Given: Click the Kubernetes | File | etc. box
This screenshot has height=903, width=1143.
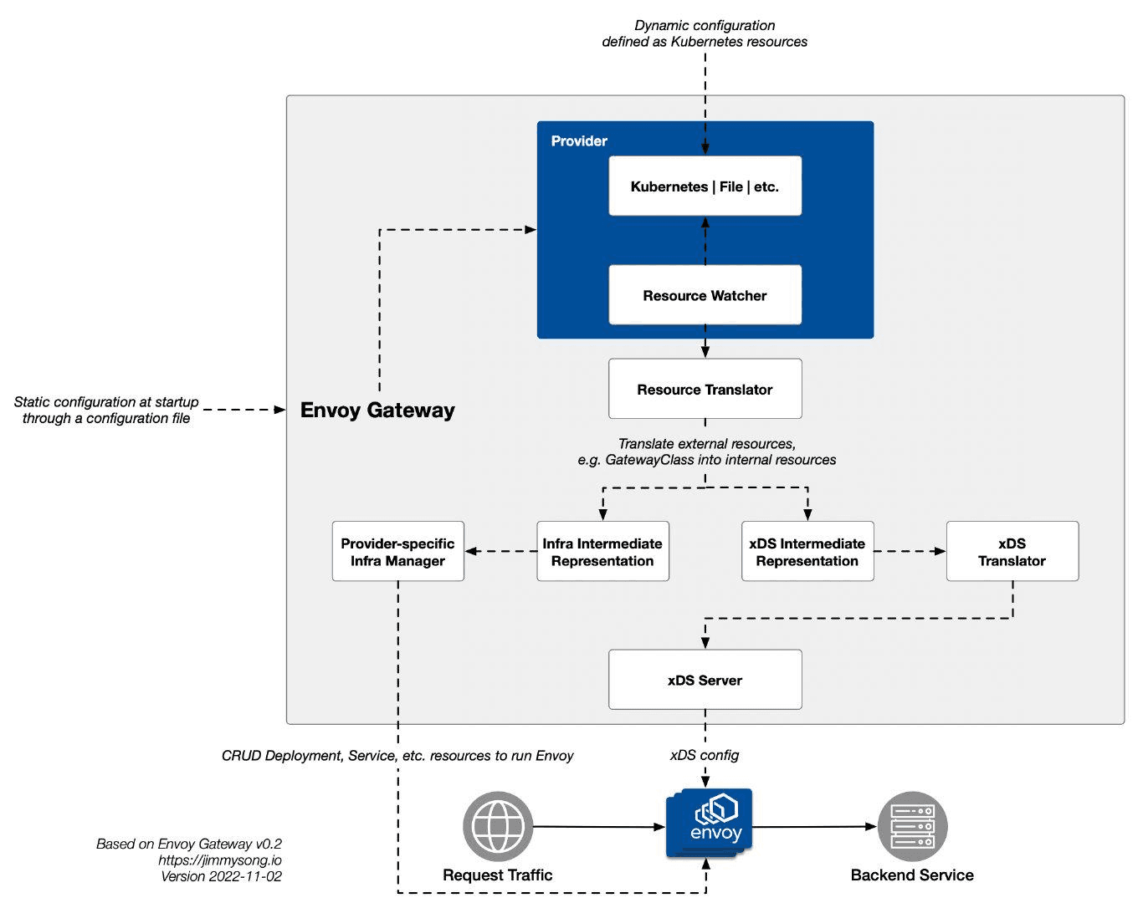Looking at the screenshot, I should point(705,186).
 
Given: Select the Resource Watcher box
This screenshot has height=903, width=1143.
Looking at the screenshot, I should point(705,295).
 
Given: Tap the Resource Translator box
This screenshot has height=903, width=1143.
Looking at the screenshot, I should point(705,390).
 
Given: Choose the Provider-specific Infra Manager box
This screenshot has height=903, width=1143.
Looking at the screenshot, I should point(397,552).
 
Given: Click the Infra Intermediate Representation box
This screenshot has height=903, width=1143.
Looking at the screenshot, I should point(602,552).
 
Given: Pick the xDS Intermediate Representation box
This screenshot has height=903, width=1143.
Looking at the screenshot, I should point(807,552).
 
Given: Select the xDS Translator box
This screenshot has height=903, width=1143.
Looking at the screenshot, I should point(1012,552).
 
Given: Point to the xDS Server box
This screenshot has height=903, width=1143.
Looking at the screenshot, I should point(705,680).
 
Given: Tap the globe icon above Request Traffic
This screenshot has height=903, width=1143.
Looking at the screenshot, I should point(498,826).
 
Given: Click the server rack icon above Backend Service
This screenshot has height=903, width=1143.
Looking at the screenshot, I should point(912,826).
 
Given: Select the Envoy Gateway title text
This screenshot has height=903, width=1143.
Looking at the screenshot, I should point(377,411).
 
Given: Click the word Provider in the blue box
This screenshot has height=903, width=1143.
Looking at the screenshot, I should point(579,141).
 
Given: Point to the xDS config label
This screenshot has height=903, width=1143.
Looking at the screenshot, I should point(705,756).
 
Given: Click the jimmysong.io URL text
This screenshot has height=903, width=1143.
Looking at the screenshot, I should point(220,860).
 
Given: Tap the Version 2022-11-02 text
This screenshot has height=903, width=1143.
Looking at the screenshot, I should point(222,876).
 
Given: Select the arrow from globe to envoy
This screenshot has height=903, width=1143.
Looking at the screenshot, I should point(598,827).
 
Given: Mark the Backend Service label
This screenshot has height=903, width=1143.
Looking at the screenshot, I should point(912,875).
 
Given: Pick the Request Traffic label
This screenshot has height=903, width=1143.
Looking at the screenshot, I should point(498,875).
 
